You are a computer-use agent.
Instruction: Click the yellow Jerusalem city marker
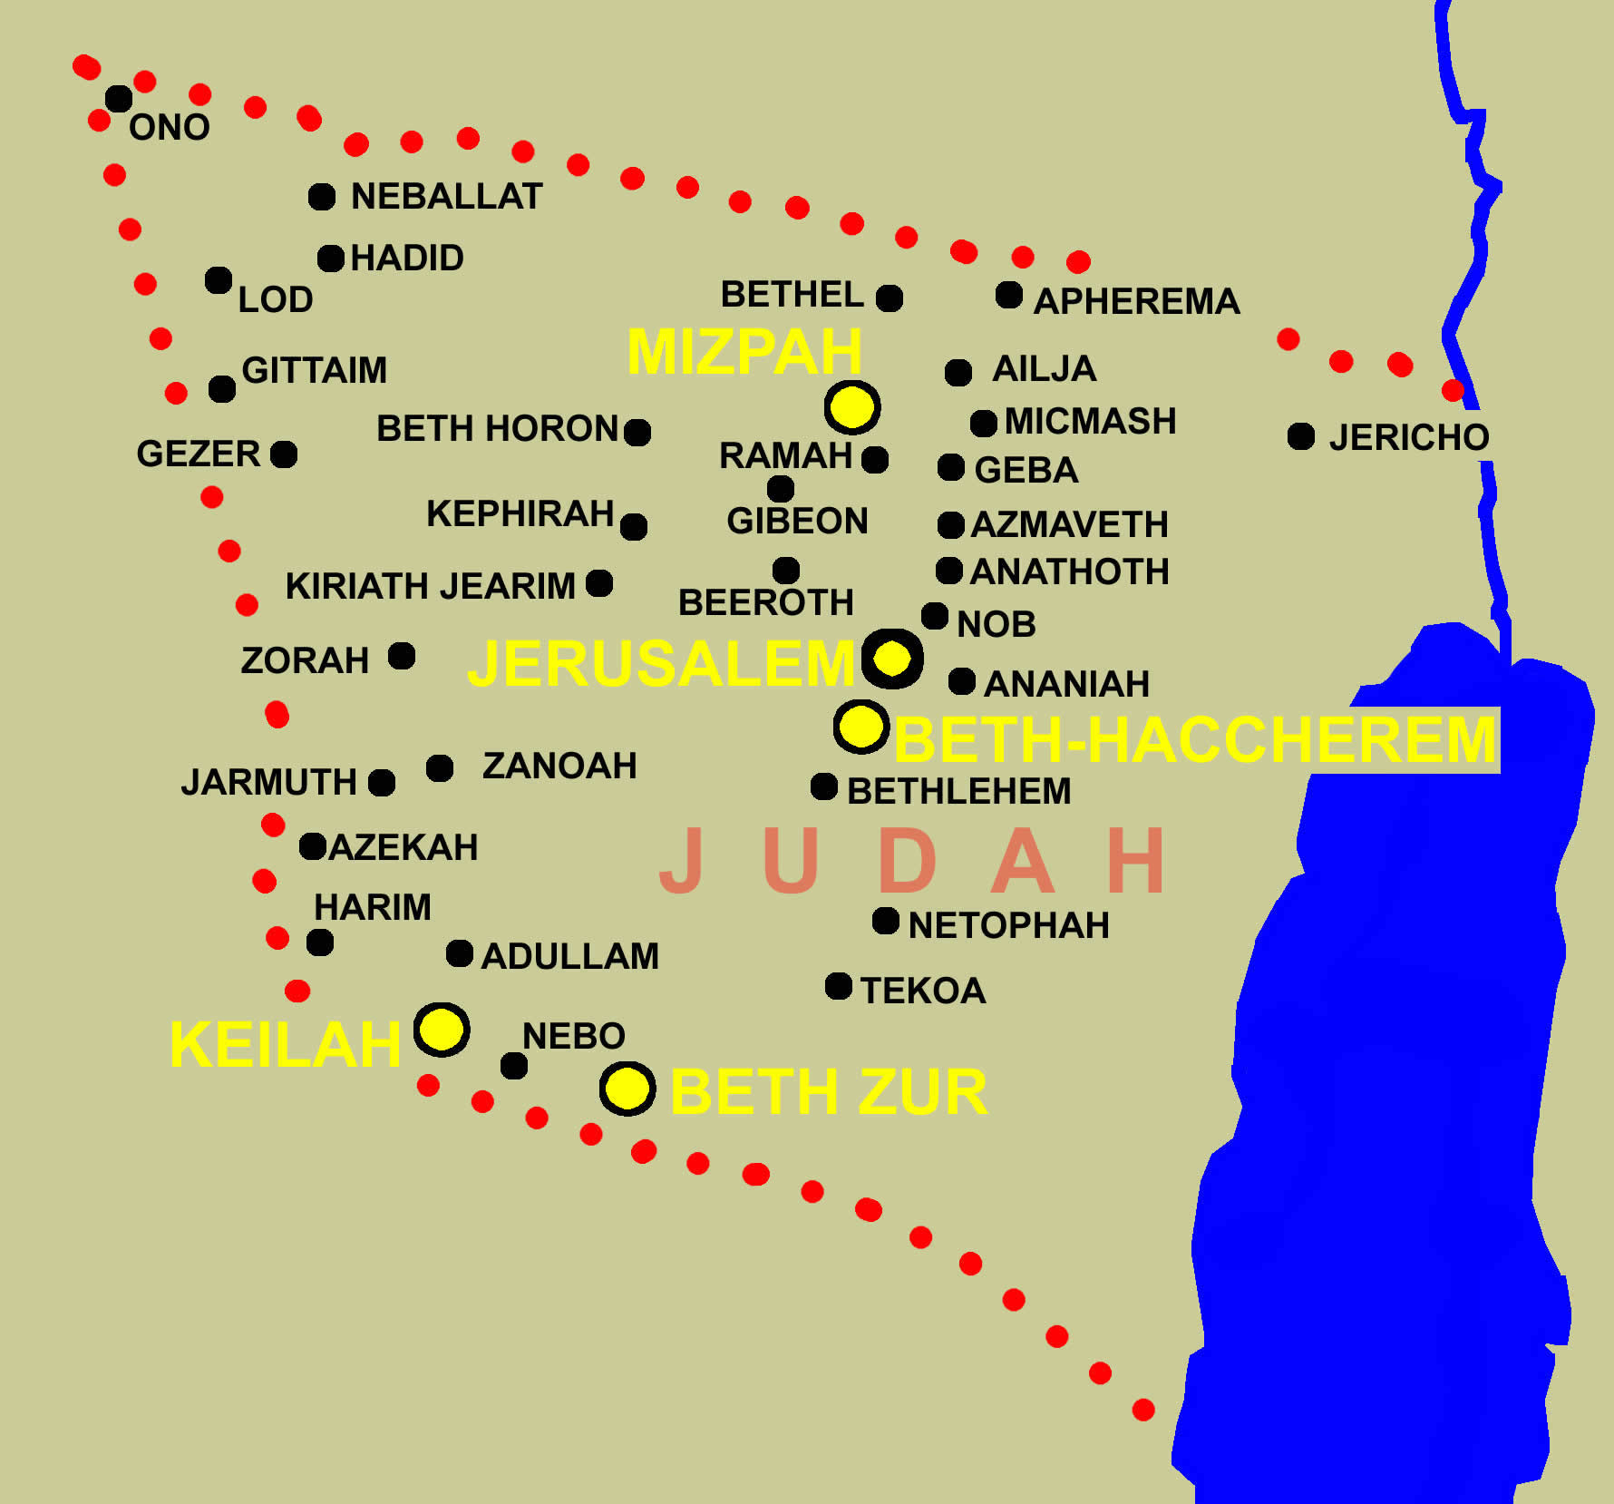point(892,659)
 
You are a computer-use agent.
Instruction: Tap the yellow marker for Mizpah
point(852,407)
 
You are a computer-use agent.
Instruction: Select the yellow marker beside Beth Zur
point(627,1088)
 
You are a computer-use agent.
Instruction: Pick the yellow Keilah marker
point(442,1030)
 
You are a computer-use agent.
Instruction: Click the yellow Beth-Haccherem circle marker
point(860,726)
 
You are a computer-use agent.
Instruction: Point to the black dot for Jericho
point(1301,436)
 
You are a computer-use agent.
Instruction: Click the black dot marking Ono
point(119,98)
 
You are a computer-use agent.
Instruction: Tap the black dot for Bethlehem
point(824,786)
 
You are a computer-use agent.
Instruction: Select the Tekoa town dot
point(839,986)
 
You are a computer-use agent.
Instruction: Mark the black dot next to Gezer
point(284,454)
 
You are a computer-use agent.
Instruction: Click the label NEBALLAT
point(446,196)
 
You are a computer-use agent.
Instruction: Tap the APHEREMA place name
point(1136,301)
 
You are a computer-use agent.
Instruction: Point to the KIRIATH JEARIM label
point(430,586)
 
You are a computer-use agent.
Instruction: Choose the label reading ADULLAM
point(569,956)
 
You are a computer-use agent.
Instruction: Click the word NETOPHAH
point(1008,925)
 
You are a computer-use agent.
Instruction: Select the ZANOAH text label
point(559,766)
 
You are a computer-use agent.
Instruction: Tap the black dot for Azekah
point(313,846)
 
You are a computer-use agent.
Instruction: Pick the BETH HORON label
point(497,428)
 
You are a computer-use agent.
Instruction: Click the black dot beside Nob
point(935,616)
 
